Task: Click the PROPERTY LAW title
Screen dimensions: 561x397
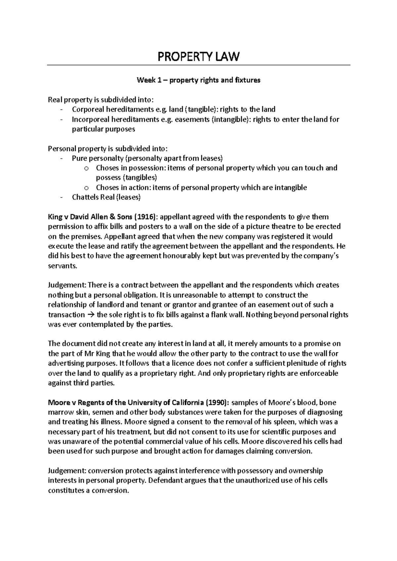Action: (198, 57)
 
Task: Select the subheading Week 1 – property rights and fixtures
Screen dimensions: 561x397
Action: (198, 80)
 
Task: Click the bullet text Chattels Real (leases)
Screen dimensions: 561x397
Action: (106, 197)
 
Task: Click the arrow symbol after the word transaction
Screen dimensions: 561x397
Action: (91, 315)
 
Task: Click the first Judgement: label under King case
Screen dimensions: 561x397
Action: (67, 285)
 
